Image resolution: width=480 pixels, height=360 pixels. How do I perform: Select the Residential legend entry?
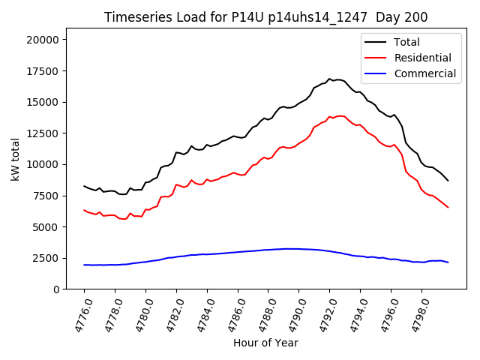pos(423,58)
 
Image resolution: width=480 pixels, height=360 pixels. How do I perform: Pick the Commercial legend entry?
pos(424,73)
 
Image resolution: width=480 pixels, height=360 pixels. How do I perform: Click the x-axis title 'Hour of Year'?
pos(265,343)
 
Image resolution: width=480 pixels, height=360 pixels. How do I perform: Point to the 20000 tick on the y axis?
pos(46,40)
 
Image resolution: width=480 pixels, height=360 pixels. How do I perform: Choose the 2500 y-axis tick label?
pos(49,257)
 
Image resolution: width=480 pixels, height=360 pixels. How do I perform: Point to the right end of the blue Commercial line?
pos(448,262)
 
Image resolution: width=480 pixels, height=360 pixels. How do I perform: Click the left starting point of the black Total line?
pos(84,186)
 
